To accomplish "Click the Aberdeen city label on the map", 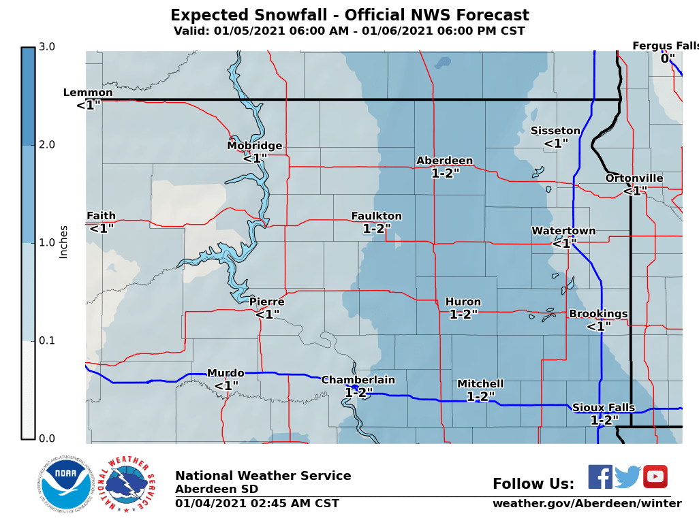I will [x=444, y=161].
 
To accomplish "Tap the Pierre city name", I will [x=266, y=302].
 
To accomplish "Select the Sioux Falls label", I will [x=603, y=408].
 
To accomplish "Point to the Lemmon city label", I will [x=88, y=93].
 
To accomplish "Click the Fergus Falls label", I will [x=665, y=46].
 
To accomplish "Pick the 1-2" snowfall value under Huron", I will [x=463, y=315].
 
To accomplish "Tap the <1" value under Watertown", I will [x=564, y=243].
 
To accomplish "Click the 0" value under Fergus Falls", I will [x=668, y=59].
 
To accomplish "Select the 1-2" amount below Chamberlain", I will [x=358, y=393].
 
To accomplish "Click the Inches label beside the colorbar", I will [x=63, y=242].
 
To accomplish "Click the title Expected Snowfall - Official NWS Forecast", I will [x=349, y=16].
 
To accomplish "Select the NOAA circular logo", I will [x=66, y=483].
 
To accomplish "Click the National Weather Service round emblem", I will [x=127, y=484].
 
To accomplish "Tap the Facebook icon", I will [x=600, y=477].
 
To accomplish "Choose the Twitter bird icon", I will [x=627, y=477].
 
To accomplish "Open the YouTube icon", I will [x=655, y=477].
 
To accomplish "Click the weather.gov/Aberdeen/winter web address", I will [x=587, y=504].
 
